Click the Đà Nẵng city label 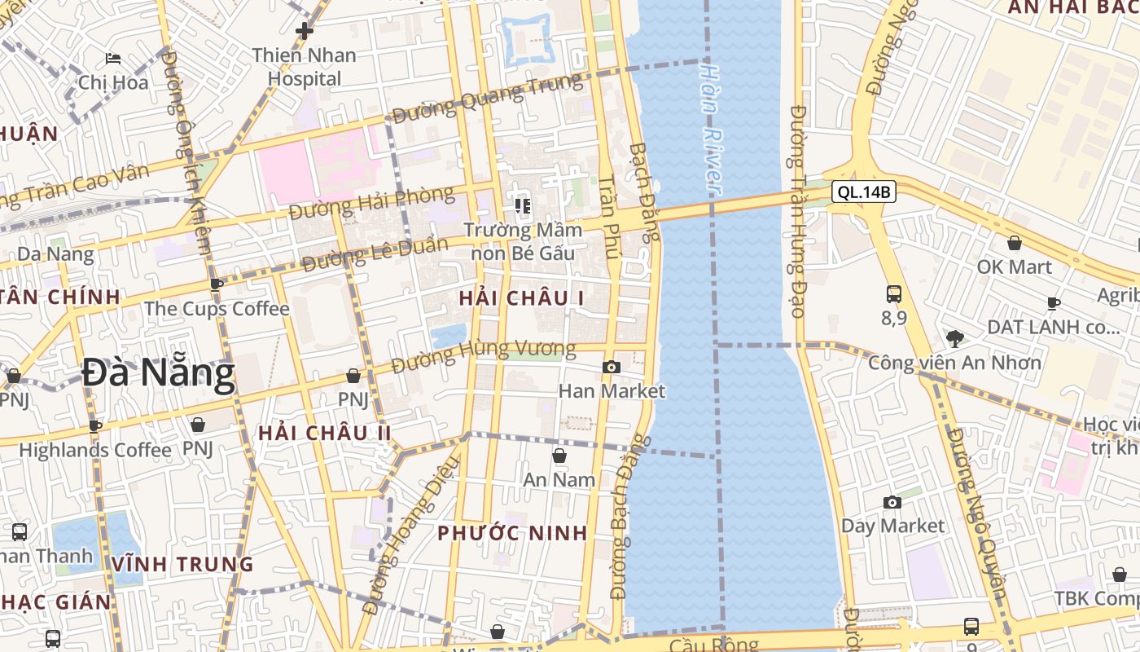point(159,374)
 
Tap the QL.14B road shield point(864,192)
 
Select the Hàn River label point(711,127)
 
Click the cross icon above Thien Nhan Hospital point(305,32)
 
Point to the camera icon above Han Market point(612,368)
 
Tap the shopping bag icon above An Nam point(559,456)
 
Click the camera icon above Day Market point(892,502)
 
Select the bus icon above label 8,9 point(893,294)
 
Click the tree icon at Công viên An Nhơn point(955,338)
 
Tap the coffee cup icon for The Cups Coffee point(217,285)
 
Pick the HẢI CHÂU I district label point(521,298)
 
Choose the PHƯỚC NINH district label point(512,533)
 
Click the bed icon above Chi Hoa point(113,59)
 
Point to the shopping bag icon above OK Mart point(1015,243)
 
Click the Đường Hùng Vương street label point(484,356)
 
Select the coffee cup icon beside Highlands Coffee point(95,425)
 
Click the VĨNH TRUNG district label point(183,564)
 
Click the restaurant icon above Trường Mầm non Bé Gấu point(522,205)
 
